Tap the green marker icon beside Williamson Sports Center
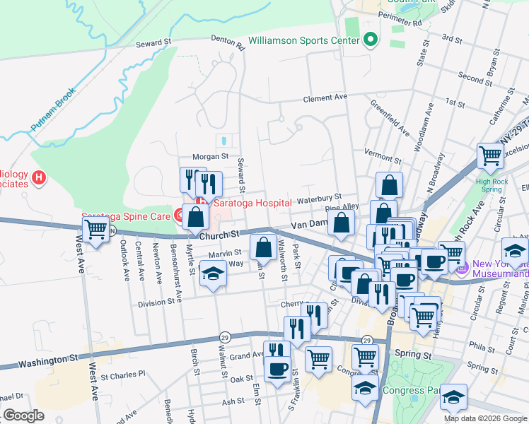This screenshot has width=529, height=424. tap(369, 40)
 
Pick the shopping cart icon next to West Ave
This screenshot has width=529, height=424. tap(95, 229)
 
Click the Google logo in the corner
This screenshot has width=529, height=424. tap(23, 416)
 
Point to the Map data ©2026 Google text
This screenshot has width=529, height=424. tap(485, 418)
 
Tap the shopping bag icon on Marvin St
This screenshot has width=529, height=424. tap(263, 247)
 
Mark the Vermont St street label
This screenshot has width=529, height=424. tap(382, 152)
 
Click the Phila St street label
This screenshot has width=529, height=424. tap(482, 348)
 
